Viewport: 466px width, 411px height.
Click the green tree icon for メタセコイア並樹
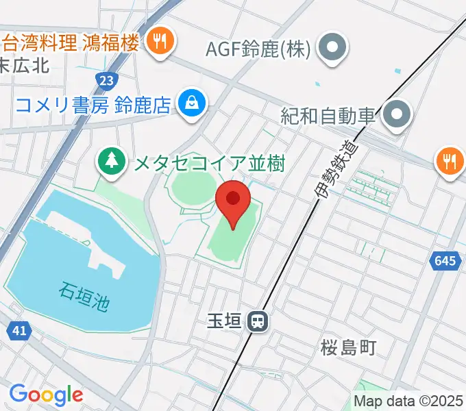pyautogui.click(x=110, y=162)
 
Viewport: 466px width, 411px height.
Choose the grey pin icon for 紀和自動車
pyautogui.click(x=396, y=114)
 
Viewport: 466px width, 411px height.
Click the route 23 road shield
pyautogui.click(x=106, y=81)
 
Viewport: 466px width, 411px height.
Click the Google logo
pyautogui.click(x=46, y=394)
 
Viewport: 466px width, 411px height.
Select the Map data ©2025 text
pyautogui.click(x=409, y=401)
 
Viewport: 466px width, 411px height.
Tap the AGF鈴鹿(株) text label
pyautogui.click(x=259, y=49)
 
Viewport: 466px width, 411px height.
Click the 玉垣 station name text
pyautogui.click(x=224, y=321)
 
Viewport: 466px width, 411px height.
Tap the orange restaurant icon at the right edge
pyautogui.click(x=450, y=162)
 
